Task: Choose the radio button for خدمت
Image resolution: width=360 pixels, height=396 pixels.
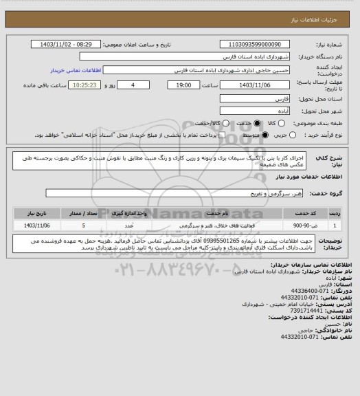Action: click(258, 122)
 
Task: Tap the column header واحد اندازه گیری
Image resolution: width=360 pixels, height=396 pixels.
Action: click(133, 213)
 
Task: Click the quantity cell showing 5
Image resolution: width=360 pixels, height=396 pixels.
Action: click(83, 225)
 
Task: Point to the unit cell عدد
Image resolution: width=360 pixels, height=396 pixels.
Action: click(133, 225)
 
